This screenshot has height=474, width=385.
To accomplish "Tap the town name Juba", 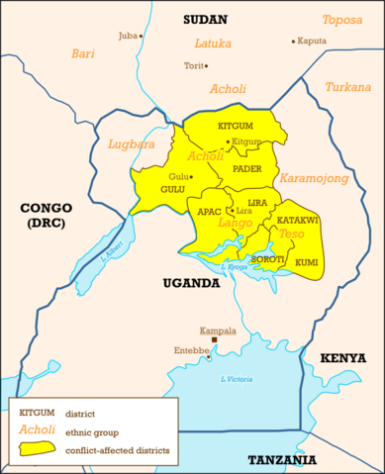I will pyautogui.click(x=128, y=36).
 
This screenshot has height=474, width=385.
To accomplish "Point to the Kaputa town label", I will pyautogui.click(x=312, y=41).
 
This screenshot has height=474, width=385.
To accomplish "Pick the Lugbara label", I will pyautogui.click(x=128, y=143).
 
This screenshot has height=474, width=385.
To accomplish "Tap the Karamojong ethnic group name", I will pyautogui.click(x=314, y=179).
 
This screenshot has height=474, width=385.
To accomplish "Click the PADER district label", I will pyautogui.click(x=246, y=169).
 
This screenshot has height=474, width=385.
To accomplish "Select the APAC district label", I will pyautogui.click(x=209, y=212).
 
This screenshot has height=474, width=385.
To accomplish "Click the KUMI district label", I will pyautogui.click(x=307, y=262).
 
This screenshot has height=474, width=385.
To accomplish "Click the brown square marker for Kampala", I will pyautogui.click(x=214, y=339).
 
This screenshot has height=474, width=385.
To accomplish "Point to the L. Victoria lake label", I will pyautogui.click(x=239, y=379).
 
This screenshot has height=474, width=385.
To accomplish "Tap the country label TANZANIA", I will pyautogui.click(x=282, y=460).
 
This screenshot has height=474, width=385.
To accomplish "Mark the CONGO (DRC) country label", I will pyautogui.click(x=47, y=216).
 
